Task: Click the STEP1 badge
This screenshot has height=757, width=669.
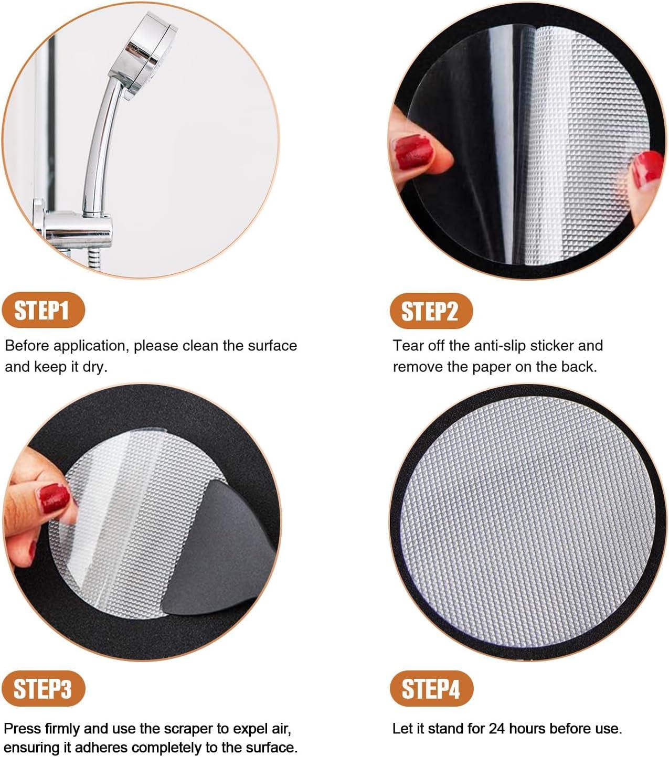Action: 43,311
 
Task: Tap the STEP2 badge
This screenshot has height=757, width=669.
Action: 430,311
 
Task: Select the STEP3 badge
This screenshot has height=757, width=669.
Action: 43,689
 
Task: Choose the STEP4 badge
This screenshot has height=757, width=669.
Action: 431,688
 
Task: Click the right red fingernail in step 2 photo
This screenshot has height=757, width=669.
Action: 647,168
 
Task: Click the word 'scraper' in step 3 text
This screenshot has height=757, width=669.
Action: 190,729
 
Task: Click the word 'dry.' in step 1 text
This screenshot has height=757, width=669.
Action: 95,367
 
